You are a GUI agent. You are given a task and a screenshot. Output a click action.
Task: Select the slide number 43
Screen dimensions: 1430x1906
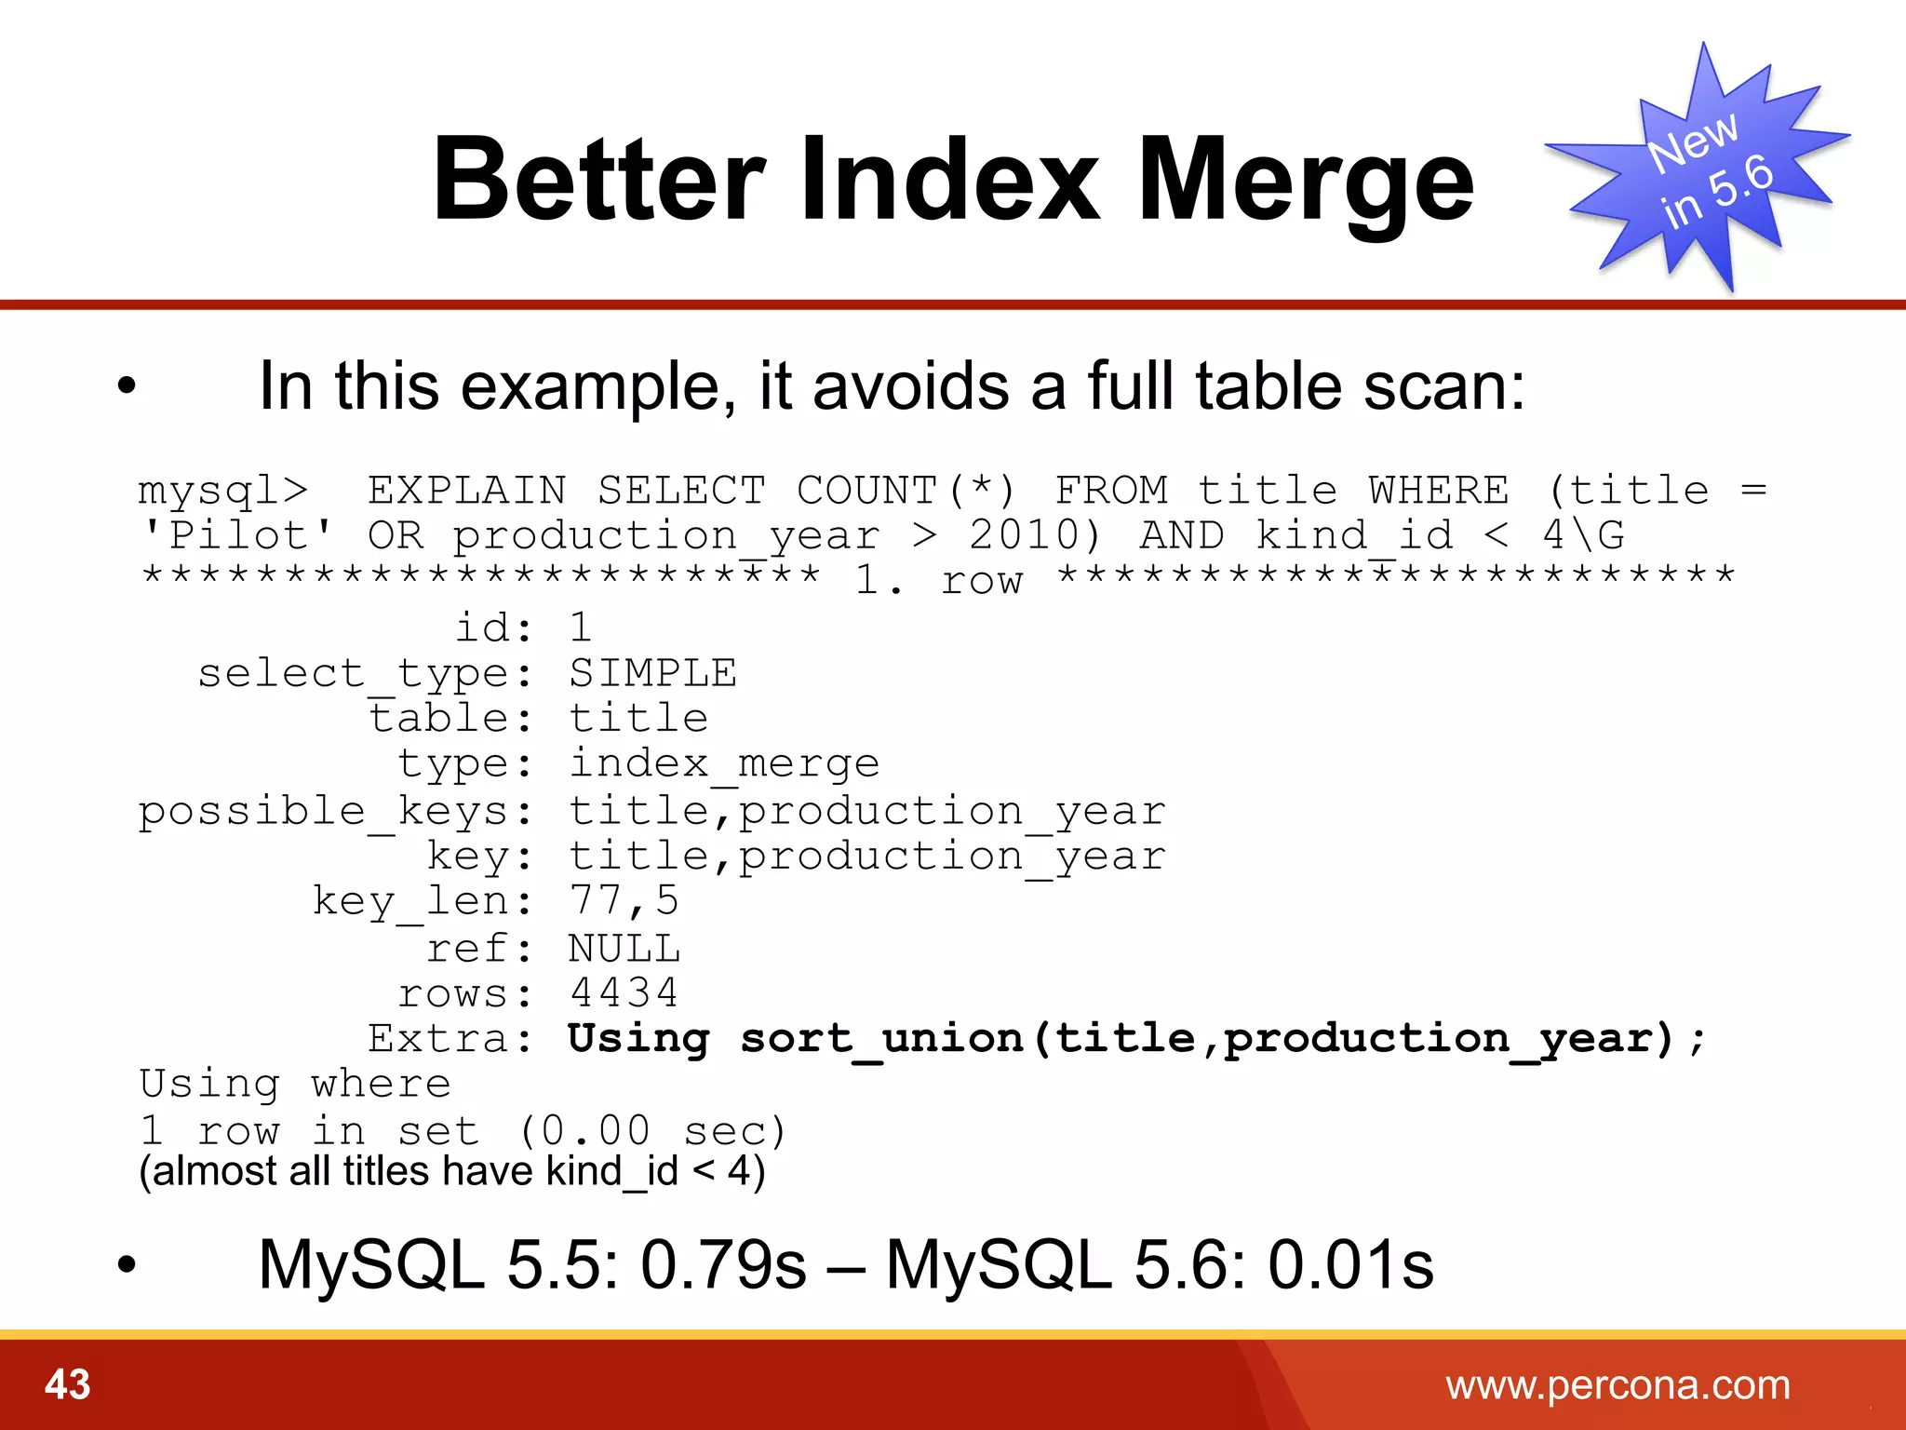pos(68,1384)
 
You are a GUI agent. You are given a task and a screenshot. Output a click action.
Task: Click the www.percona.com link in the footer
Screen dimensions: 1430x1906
pos(1617,1385)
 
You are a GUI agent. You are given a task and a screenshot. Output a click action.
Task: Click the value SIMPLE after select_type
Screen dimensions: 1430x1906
pos(652,673)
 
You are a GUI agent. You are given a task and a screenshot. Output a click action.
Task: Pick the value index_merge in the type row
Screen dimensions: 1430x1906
pos(724,764)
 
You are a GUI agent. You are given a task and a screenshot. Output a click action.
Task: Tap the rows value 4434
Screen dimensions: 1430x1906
pos(624,992)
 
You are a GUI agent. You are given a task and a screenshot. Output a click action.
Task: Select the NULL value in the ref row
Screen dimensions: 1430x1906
pos(624,949)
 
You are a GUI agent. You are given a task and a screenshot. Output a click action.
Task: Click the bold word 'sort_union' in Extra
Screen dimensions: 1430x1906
pos(882,1039)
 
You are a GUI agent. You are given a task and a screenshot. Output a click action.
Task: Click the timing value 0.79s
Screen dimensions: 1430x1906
pos(723,1264)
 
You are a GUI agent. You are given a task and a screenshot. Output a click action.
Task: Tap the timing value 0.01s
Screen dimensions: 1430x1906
pos(1350,1264)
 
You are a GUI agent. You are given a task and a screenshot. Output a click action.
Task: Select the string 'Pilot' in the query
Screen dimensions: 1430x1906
pos(237,536)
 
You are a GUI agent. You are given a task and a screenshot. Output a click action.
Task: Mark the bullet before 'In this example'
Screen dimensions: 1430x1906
pos(128,385)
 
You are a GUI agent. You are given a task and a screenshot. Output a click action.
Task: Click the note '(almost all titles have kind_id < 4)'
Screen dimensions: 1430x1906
pos(452,1171)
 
